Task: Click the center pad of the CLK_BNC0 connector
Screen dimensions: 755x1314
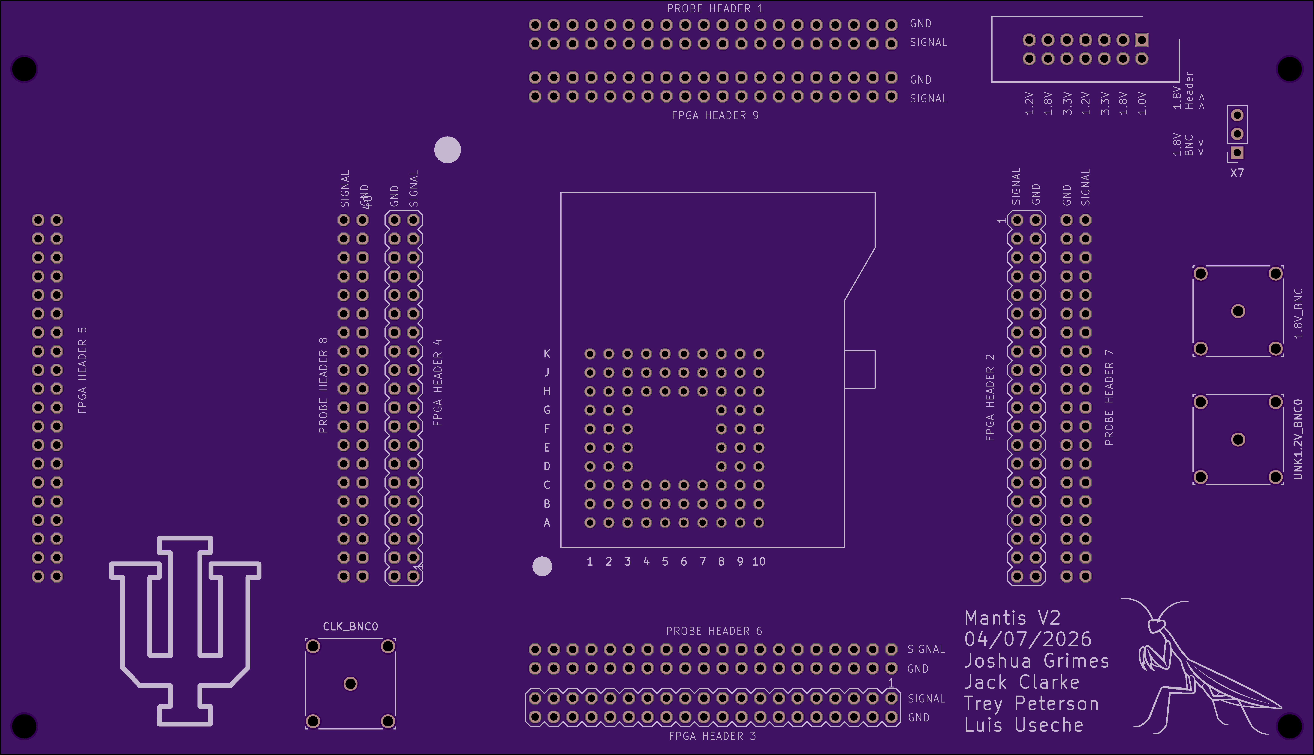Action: (351, 684)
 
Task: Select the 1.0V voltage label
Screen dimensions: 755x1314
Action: (1142, 104)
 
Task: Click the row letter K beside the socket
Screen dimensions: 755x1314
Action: (547, 354)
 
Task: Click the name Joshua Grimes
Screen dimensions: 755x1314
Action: (1036, 661)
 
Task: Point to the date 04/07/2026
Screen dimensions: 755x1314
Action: (1028, 639)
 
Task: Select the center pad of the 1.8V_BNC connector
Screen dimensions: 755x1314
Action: (1238, 311)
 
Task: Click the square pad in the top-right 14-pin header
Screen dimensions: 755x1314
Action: (1142, 40)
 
